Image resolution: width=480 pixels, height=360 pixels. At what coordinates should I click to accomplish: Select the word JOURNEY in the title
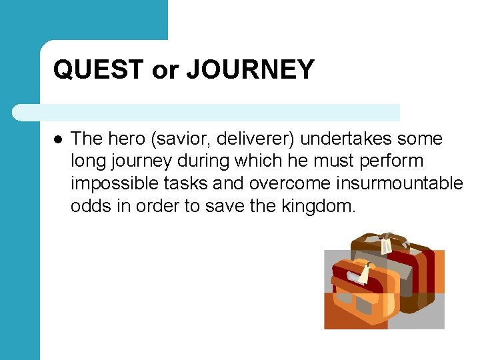point(250,70)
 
